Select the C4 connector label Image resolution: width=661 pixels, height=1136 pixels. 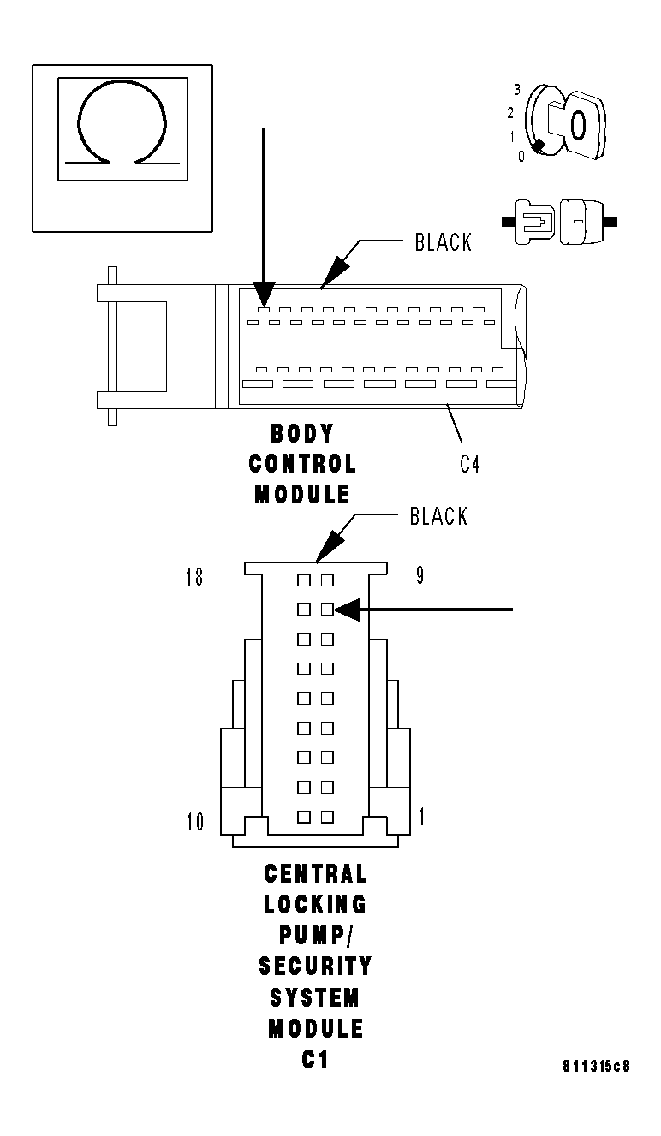469,465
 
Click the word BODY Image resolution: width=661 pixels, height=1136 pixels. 302,433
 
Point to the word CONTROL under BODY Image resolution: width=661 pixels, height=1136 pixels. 302,464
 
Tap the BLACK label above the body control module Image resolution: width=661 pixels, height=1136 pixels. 443,242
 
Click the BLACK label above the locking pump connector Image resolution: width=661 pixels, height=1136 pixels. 438,516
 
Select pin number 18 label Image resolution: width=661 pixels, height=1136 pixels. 194,577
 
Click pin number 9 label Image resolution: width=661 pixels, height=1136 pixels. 420,575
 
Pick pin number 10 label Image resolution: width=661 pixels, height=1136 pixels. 195,822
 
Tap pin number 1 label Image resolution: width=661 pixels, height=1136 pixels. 421,817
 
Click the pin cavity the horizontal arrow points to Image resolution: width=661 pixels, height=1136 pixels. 327,610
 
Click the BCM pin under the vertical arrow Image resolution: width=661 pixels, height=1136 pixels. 264,309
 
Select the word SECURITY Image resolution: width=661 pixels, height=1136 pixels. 315,966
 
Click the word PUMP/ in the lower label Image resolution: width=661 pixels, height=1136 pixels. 315,935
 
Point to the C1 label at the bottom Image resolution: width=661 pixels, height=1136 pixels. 315,1059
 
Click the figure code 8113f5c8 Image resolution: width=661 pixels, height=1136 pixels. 596,1067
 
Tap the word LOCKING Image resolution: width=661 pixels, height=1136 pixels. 315,904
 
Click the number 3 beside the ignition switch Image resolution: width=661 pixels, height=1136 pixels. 517,89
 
